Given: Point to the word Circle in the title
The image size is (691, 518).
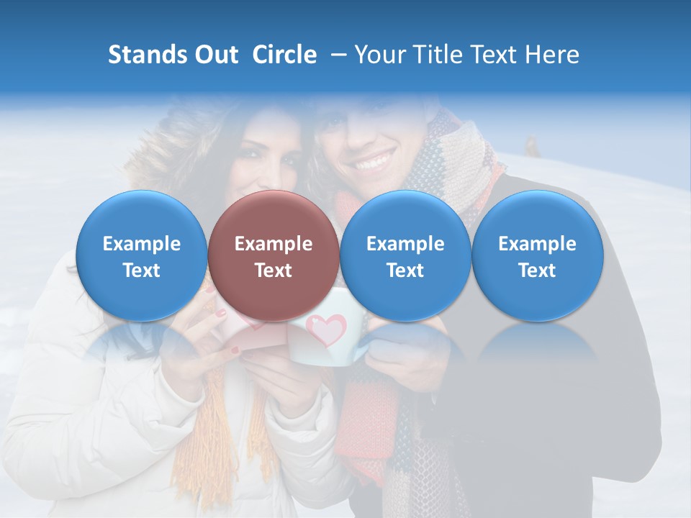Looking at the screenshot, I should (x=284, y=55).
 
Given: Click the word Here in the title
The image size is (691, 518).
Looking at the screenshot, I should (x=552, y=55).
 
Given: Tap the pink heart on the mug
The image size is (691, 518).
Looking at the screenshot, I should (x=326, y=330).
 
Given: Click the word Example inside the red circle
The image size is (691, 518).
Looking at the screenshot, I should (x=273, y=244).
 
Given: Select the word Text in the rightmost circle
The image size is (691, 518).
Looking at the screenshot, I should (x=537, y=271).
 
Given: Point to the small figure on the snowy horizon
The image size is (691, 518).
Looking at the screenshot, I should (x=531, y=146).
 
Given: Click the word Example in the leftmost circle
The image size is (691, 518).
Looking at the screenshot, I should (x=141, y=244).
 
